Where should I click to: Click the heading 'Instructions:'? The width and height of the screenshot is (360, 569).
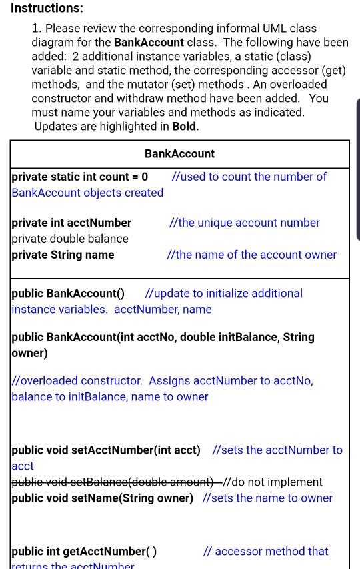(47, 8)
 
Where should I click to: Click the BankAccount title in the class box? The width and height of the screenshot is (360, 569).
(179, 154)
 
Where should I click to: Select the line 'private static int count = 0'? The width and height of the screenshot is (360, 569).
(80, 177)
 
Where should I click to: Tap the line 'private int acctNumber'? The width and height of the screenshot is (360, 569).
(71, 223)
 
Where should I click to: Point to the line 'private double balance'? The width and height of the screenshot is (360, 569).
(70, 239)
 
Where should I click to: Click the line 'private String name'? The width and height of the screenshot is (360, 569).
(63, 255)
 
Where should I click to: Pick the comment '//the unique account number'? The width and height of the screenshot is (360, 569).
(245, 223)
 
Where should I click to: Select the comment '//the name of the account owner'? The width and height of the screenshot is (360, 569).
(251, 255)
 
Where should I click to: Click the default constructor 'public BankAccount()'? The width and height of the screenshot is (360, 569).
(68, 294)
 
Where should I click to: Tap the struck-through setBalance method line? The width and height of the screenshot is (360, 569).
(113, 482)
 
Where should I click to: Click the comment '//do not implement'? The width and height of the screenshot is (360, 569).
(273, 482)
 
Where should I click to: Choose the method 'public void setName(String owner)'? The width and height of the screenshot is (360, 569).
(103, 498)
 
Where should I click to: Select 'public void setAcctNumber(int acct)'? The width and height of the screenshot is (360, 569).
(106, 450)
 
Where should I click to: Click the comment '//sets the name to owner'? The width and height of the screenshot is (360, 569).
(267, 498)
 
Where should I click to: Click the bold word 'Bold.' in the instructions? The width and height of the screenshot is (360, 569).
(185, 127)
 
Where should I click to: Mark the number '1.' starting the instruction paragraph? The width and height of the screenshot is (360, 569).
(37, 29)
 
